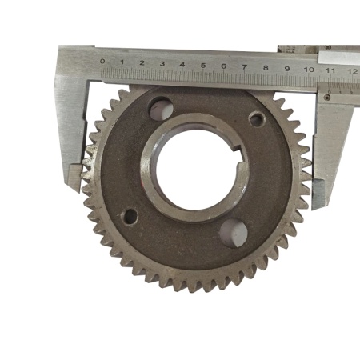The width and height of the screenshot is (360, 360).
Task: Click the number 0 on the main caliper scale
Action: point(102,62)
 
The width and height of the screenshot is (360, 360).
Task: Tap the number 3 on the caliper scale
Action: point(162,64)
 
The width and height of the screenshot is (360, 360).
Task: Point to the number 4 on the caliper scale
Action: point(182,65)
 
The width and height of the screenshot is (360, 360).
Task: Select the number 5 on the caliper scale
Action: point(203,66)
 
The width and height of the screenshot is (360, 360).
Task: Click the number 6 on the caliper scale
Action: point(224,66)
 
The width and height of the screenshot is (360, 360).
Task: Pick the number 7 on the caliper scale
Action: point(245,67)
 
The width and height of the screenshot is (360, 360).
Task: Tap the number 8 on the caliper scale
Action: point(266,68)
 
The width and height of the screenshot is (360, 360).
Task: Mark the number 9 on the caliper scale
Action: point(287,69)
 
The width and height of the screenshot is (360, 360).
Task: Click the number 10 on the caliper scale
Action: point(309,70)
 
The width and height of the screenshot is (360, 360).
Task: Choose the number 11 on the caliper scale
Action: point(330,70)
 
